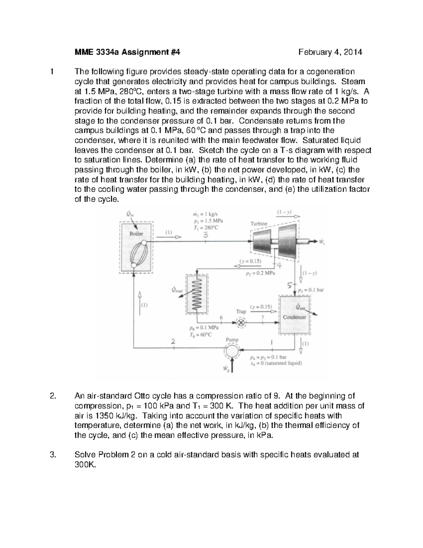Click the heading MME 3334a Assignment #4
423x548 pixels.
127,53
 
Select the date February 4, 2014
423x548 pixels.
330,53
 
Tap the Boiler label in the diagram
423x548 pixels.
136,234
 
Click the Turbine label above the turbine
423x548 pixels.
259,224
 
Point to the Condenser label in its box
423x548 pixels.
295,317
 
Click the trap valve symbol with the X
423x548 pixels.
241,323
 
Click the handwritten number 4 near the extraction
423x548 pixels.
278,265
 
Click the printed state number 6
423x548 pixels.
221,317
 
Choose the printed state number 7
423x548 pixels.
262,317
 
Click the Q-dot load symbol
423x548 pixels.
177,290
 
